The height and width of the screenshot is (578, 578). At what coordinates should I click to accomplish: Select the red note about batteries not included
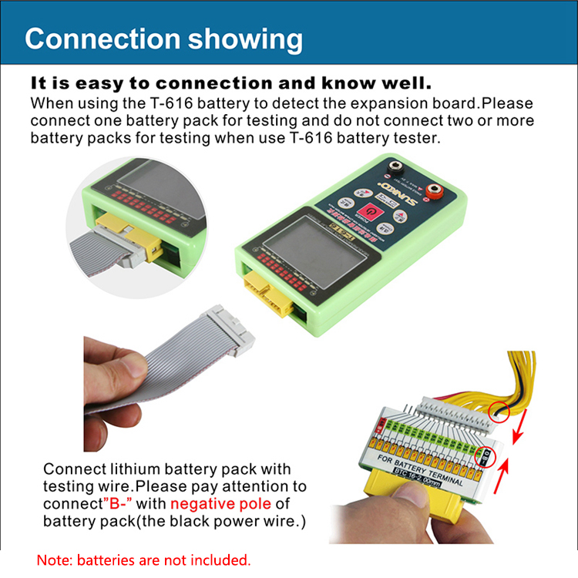click(x=144, y=559)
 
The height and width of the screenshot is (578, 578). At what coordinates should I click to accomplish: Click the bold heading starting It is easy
click(x=230, y=82)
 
